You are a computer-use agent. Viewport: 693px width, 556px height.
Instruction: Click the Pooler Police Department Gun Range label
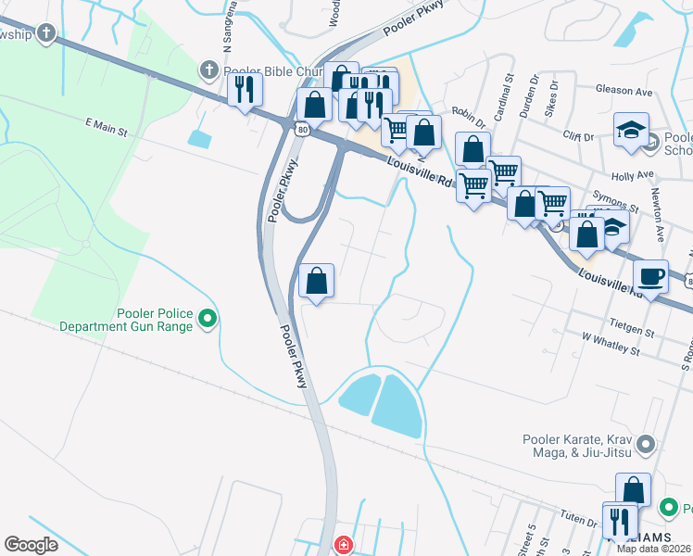pos(127,320)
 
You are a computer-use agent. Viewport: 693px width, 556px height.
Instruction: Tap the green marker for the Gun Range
pos(208,320)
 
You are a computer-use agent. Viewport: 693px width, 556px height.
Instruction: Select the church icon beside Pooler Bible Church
pos(208,70)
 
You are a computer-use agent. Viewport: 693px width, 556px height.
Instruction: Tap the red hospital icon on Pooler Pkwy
pos(344,544)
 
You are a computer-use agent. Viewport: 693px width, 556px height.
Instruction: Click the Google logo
pos(31,545)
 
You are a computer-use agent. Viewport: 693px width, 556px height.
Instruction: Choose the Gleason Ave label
pos(633,92)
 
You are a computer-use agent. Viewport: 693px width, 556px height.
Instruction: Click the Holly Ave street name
pos(633,175)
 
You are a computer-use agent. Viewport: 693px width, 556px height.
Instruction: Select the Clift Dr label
pos(578,136)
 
